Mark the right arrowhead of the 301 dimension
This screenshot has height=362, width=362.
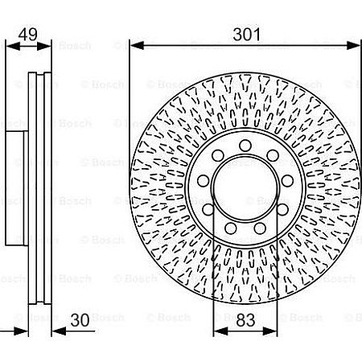tap(353, 45)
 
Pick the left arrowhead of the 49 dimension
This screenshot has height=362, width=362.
tap(9, 45)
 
